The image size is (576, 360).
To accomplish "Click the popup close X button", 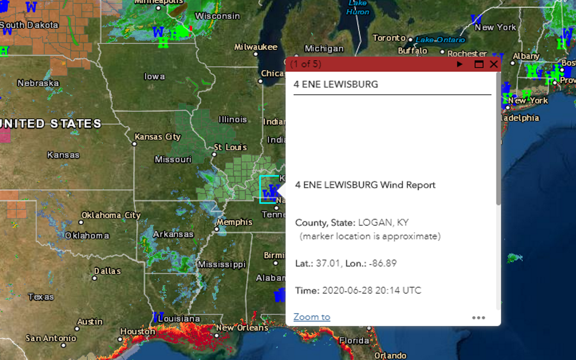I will pyautogui.click(x=494, y=64).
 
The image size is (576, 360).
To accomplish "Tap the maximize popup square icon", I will pyautogui.click(x=479, y=64).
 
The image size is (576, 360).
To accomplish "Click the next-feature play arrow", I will pyautogui.click(x=459, y=64).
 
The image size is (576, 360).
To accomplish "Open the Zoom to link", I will pyautogui.click(x=311, y=317).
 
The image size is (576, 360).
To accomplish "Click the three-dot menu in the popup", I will pyautogui.click(x=478, y=318).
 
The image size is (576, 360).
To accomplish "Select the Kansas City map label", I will pyautogui.click(x=157, y=137).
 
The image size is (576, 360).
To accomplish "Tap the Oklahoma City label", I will pyautogui.click(x=111, y=215).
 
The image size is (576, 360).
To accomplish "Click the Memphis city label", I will pyautogui.click(x=234, y=222).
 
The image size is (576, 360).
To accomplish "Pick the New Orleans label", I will pyautogui.click(x=242, y=328).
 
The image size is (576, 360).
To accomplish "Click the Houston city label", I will pyautogui.click(x=138, y=331).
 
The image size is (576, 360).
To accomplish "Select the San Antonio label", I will pyautogui.click(x=51, y=338).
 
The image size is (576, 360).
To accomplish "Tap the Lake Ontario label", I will pyautogui.click(x=440, y=40).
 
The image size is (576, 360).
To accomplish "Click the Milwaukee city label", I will pyautogui.click(x=256, y=47).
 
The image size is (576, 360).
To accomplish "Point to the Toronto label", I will pyautogui.click(x=389, y=38).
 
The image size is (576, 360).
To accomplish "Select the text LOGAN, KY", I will pyautogui.click(x=383, y=222).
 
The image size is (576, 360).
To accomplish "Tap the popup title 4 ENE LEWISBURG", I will pyautogui.click(x=336, y=84).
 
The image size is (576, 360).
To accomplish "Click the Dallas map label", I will pyautogui.click(x=107, y=271).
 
